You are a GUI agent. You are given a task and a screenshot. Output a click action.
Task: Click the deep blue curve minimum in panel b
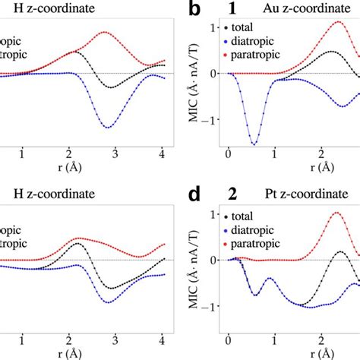pos(253,144)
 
